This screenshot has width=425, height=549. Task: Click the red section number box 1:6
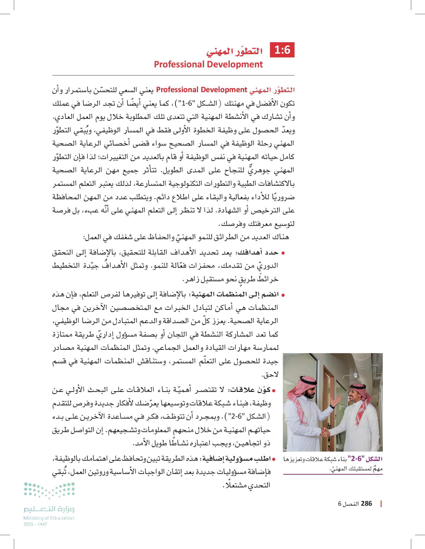[x=282, y=50]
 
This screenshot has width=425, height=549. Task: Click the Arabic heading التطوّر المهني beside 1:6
[x=234, y=51]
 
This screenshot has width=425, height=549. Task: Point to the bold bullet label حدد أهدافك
[x=258, y=252]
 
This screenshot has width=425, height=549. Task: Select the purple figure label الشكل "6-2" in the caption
[x=367, y=459]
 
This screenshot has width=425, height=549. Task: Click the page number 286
[x=366, y=504]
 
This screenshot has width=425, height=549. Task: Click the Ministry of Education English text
[x=49, y=518]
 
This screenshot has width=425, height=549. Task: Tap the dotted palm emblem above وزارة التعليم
[x=49, y=490]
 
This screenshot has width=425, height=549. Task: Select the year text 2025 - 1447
[x=35, y=524]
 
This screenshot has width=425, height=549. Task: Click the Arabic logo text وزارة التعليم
[x=49, y=509]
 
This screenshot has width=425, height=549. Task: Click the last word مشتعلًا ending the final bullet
[x=236, y=485]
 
